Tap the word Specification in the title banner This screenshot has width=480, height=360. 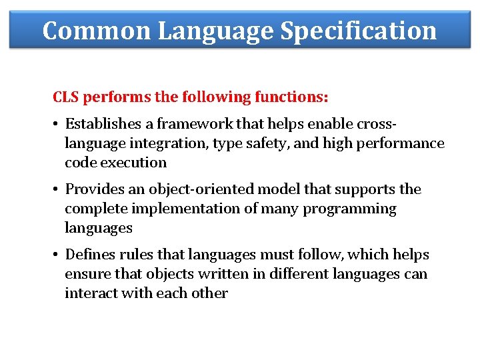(x=359, y=31)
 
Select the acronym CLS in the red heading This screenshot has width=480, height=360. (x=65, y=97)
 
